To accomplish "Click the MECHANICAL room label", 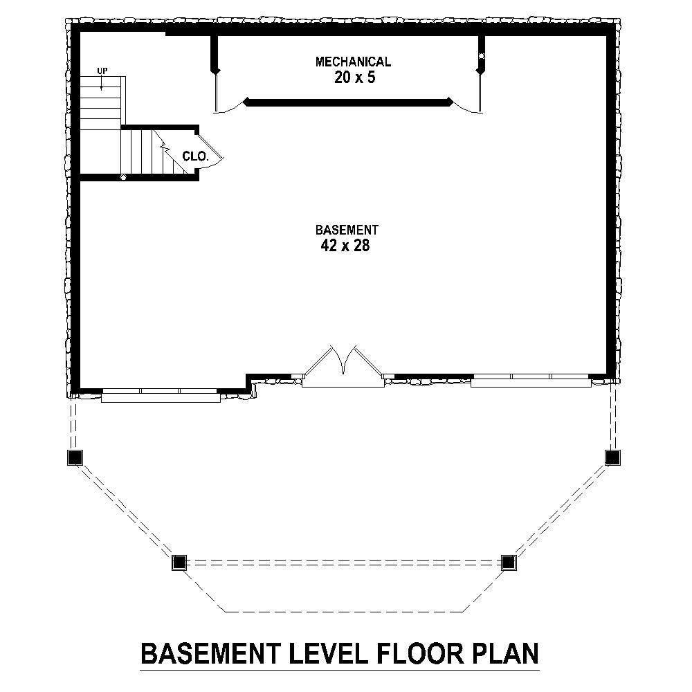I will (353, 62).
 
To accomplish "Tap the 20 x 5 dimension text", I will (354, 78).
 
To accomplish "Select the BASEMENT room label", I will (347, 230).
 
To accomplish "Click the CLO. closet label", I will (195, 156).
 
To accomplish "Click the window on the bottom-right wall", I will (531, 380).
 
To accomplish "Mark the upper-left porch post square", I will (75, 457).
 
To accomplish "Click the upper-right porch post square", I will (612, 457).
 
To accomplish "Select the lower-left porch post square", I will (179, 562).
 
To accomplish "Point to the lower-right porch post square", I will (509, 562).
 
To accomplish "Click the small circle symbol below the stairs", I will (123, 178).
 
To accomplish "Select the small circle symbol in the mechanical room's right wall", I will (481, 55).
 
